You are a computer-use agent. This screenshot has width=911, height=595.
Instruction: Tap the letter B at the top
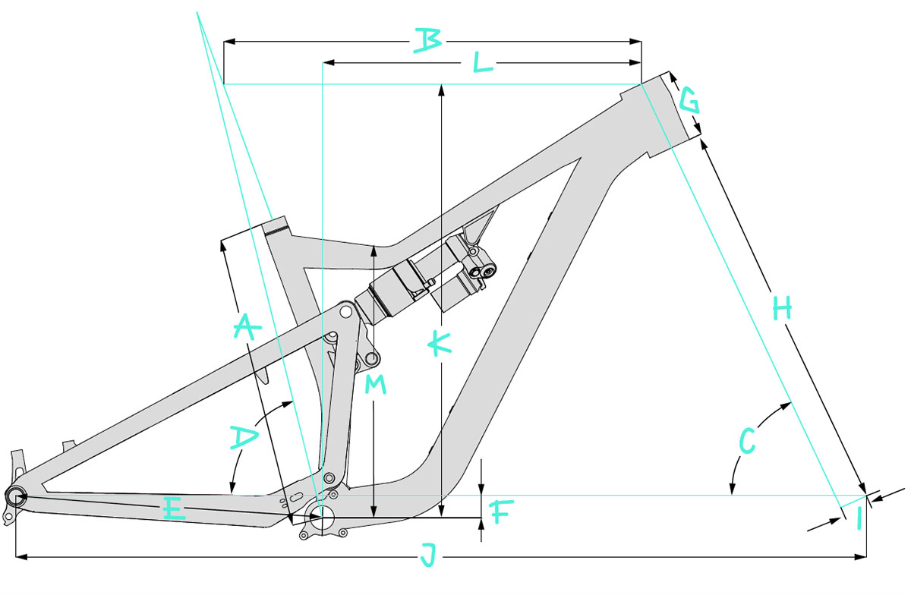427,40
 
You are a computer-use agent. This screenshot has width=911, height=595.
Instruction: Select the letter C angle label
746,439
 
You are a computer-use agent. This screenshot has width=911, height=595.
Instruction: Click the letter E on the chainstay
175,511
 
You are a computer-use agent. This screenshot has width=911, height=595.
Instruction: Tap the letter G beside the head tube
689,99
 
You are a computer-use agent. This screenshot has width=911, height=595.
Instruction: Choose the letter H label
782,307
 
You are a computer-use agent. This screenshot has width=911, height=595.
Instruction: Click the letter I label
859,521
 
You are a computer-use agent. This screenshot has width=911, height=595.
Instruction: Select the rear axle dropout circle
16,496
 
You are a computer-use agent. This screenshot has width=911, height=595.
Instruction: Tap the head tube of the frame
659,114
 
